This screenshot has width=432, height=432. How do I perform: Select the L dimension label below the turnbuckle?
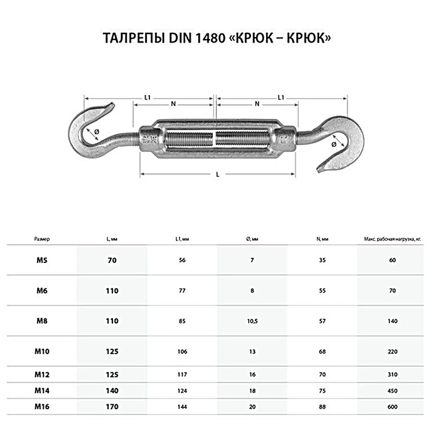point(217,175)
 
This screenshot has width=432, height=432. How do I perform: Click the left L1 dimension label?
point(147,97)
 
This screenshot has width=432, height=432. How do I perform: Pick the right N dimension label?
point(256,104)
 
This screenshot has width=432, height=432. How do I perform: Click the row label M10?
point(41,351)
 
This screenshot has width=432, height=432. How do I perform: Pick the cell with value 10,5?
point(251,320)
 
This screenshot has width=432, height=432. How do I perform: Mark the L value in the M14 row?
point(112,391)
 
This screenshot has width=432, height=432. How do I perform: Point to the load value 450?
point(392,391)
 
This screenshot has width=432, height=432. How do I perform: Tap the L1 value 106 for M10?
point(181,351)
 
